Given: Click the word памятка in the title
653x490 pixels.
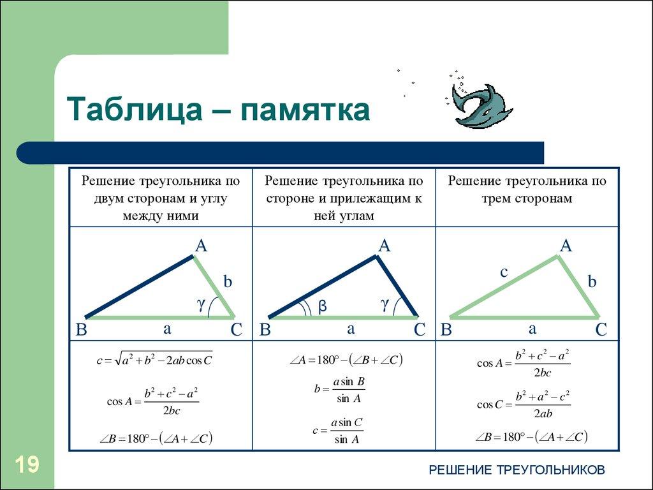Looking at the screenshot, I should [304, 110].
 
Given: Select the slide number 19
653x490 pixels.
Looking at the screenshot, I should [26, 464].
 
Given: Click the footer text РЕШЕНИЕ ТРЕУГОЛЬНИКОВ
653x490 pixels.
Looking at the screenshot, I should [517, 470].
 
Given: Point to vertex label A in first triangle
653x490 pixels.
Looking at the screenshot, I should [201, 246].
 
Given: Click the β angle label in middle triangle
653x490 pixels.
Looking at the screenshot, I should [323, 307].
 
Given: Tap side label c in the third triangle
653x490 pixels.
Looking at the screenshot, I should [503, 272].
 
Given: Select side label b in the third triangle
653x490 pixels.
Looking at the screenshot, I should [592, 281].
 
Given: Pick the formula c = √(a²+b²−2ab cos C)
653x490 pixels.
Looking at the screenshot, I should [154, 360].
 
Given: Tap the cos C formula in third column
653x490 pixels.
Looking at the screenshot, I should [524, 405].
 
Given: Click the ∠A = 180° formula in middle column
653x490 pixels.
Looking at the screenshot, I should [344, 360].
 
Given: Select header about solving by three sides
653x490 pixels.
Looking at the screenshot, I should [527, 189].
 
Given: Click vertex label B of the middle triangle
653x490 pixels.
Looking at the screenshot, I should [265, 330].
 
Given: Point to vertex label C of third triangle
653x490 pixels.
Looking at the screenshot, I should [601, 330].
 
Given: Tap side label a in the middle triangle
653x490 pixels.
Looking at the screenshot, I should [350, 329].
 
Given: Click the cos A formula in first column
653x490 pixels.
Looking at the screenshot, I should [153, 401].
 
